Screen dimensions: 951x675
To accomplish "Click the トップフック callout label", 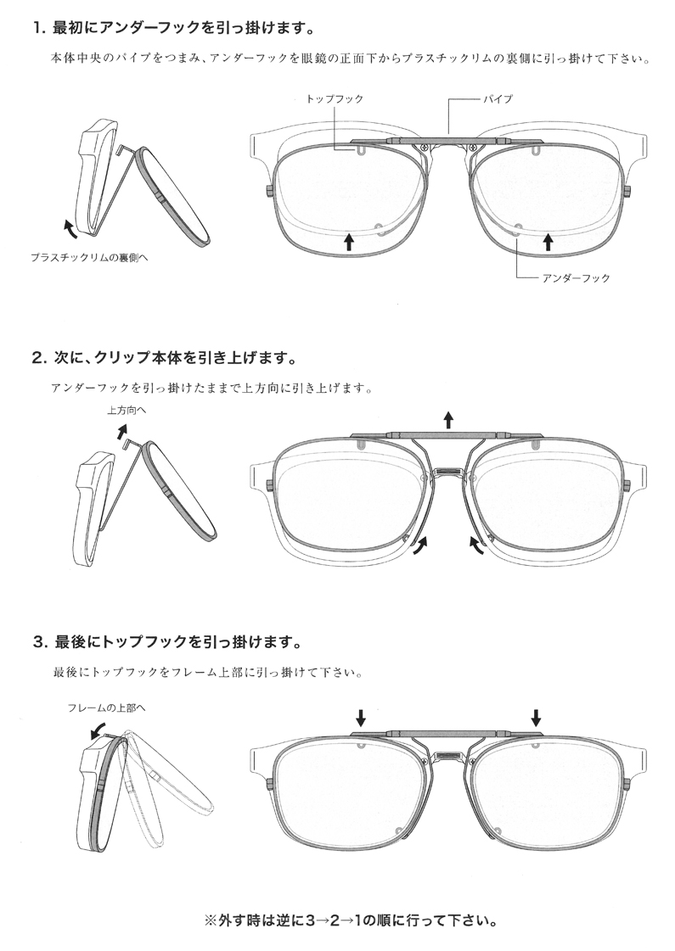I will coord(335,99).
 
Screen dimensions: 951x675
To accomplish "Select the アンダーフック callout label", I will coord(576,277).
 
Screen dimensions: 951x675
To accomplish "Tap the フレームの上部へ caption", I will coord(101,708).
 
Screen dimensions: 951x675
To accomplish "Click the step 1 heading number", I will coord(39,28).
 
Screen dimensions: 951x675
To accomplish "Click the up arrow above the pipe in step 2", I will coord(448,419).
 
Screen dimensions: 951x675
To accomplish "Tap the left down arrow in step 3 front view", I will coord(361,717).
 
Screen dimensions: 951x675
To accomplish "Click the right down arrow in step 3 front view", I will coord(537,717).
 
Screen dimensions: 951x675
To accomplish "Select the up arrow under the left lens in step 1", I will coord(349,243).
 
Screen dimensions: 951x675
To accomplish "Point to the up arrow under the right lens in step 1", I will coord(548,243).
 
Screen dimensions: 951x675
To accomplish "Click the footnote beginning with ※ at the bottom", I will coord(351,919).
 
